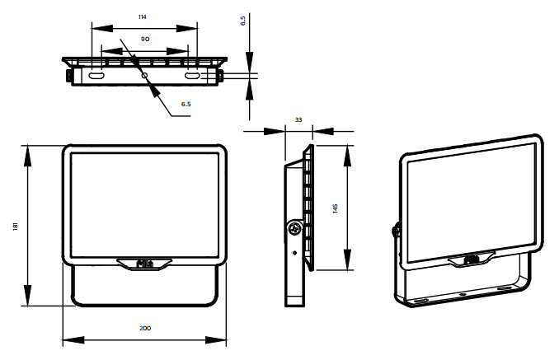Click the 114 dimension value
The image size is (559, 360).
143,16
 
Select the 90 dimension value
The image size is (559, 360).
145,39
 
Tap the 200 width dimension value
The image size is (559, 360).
145,328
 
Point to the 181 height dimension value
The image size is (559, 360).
16,227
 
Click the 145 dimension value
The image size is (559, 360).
335,208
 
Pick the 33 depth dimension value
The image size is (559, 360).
298,119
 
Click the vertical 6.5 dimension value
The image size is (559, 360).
243,21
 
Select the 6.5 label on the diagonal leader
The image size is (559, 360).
186,104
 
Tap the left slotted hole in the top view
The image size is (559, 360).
96,76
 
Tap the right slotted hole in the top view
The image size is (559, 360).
192,76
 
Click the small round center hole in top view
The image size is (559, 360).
145,76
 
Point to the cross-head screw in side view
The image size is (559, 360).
295,228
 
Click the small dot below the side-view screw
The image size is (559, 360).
294,253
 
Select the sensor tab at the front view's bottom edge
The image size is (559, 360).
144,264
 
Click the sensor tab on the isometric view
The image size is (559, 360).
472,259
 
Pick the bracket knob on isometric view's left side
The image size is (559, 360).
395,230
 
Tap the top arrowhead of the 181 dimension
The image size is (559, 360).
27,156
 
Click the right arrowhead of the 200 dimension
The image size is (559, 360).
216,339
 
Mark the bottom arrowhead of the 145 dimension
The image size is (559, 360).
347,259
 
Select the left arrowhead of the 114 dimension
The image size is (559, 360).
102,29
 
